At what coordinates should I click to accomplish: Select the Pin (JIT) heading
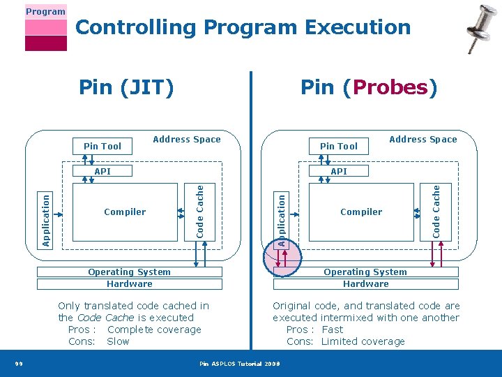tap(126, 87)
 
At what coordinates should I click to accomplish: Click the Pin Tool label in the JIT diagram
tap(102, 146)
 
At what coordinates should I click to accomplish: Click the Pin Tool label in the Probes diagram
tap(338, 146)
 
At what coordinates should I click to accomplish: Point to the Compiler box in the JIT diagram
tap(125, 212)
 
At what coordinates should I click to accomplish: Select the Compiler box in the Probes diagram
tap(361, 212)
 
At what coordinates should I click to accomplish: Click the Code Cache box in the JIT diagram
tap(200, 210)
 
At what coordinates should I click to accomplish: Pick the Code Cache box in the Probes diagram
tap(436, 210)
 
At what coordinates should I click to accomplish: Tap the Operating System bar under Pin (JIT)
tap(129, 272)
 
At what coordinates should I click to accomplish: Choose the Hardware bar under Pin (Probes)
tap(365, 284)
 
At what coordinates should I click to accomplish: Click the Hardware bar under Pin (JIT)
tap(129, 284)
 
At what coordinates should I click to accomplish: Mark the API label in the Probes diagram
tap(339, 171)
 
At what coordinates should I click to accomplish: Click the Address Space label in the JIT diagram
tap(186, 140)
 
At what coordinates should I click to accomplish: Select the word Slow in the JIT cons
tap(118, 341)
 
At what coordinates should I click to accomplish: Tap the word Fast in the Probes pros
tap(333, 330)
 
